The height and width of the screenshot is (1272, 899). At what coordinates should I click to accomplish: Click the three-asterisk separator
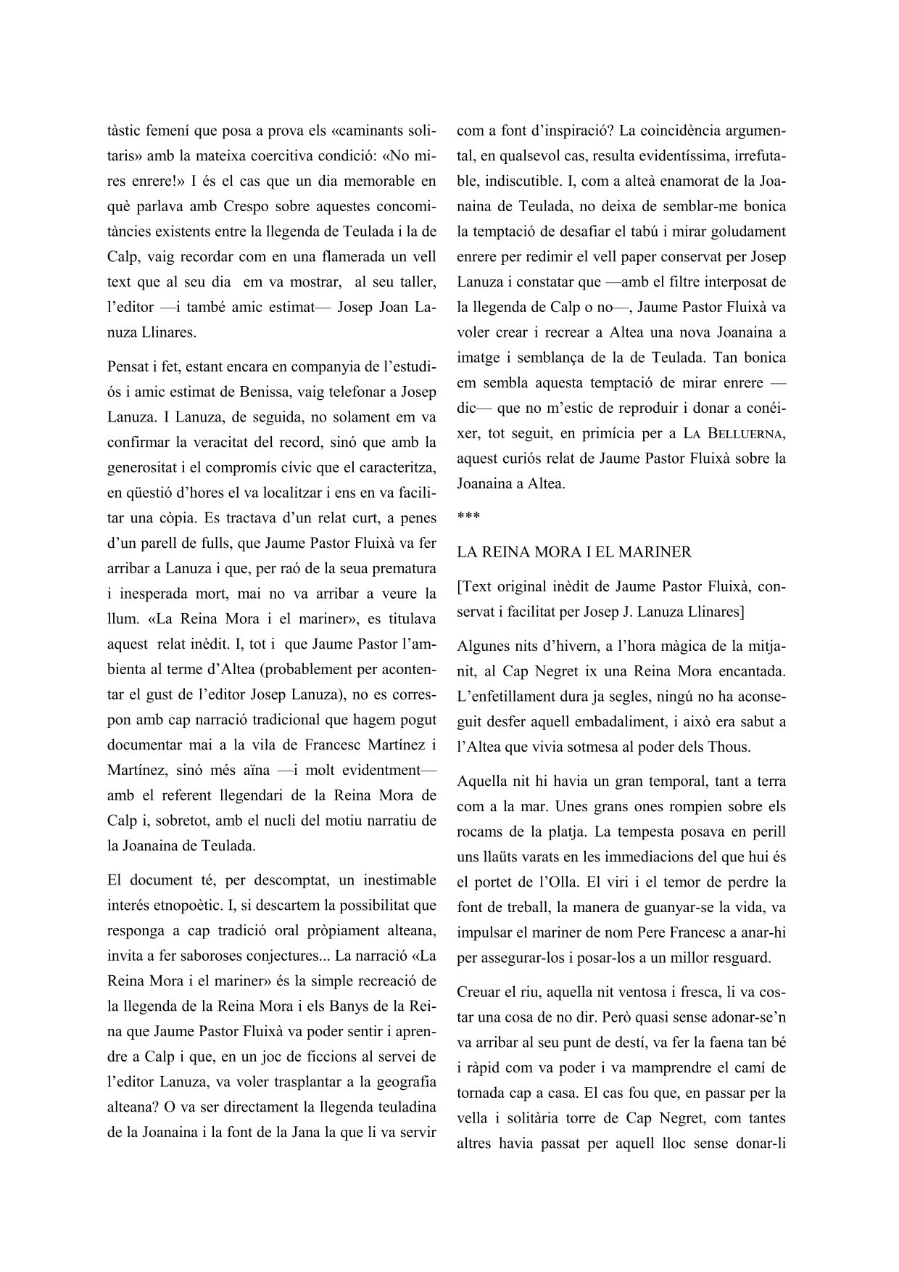(468, 516)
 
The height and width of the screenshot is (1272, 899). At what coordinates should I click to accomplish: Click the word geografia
(404, 1082)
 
